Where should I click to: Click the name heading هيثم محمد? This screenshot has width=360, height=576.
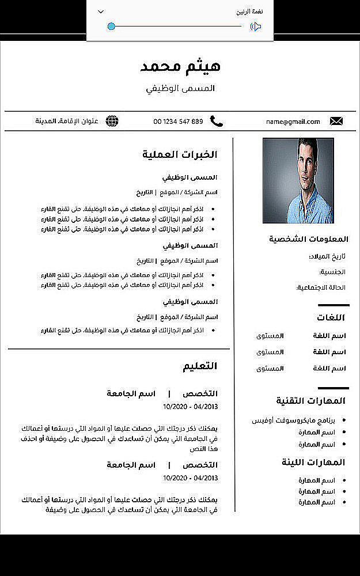coord(180,66)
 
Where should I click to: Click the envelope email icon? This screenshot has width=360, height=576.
coord(336,121)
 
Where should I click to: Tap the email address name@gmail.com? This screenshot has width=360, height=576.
coord(293,122)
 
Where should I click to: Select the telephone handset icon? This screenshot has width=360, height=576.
coord(216,121)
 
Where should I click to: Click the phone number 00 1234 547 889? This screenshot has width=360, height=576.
coord(178,122)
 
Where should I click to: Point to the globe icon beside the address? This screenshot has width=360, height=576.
coord(112,121)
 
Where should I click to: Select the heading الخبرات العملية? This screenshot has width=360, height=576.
coord(180,154)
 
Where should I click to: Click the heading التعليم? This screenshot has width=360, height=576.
coord(200,366)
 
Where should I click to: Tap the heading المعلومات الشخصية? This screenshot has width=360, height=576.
coord(309,239)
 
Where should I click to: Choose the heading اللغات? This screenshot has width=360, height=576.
coord(331,317)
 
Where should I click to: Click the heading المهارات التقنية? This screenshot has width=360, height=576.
coord(310,400)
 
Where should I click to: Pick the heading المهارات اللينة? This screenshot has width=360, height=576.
coord(313,462)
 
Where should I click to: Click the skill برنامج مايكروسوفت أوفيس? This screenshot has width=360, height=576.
coord(293,420)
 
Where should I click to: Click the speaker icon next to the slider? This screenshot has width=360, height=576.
coord(256,26)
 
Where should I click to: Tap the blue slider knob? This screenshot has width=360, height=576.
coord(111,26)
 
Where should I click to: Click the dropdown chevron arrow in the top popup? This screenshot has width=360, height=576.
coord(101,12)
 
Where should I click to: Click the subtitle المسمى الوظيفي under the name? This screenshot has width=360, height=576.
coord(180,89)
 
